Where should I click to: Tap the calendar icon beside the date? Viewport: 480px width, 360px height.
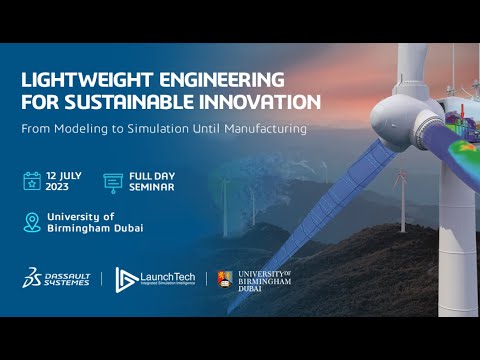[x=33, y=181]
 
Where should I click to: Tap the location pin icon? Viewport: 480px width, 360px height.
[x=32, y=222]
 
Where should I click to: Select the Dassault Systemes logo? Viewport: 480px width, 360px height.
[x=57, y=277]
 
